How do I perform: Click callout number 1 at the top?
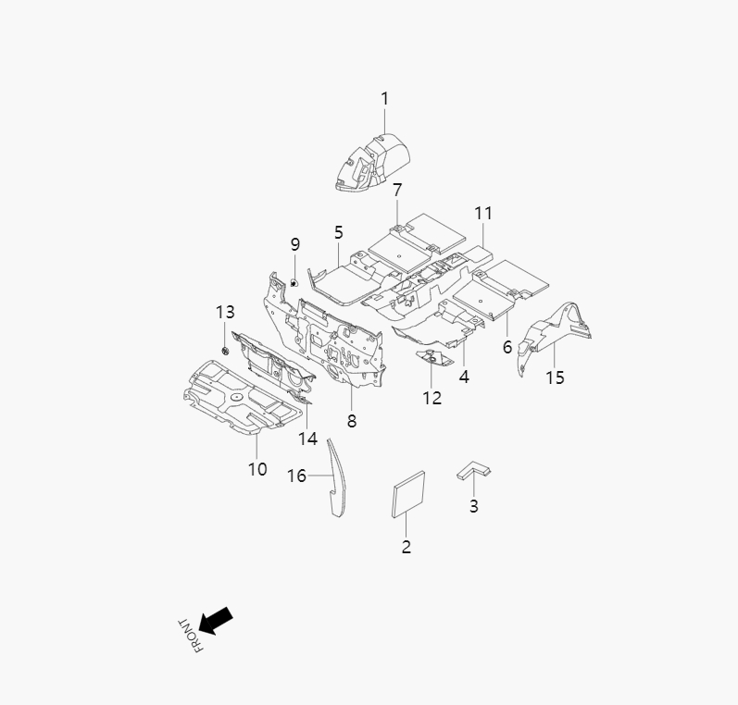coord(385,98)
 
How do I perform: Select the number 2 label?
coord(406,547)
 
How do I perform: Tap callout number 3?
coord(474,506)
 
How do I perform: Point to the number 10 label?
coord(257,469)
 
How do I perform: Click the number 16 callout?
coord(296,476)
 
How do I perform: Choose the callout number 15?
coord(555,377)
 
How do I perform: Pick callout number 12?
coord(432,398)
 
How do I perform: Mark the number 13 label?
coord(226,312)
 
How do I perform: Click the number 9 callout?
coord(295,244)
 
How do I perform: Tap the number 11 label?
coord(482,213)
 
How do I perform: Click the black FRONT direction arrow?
coord(216,620)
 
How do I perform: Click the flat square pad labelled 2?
coord(409,491)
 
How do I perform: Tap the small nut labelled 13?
coord(226,352)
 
